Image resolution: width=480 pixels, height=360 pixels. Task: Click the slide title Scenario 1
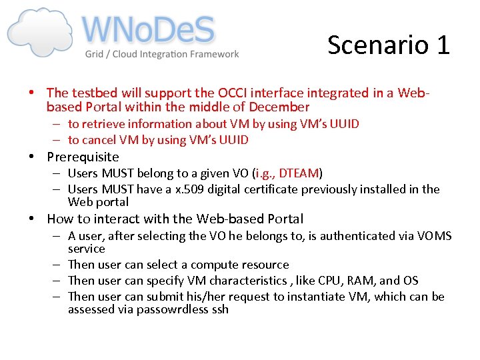(389, 45)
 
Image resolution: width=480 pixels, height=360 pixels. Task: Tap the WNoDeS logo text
(148, 31)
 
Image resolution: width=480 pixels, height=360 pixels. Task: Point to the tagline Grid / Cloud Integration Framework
(161, 54)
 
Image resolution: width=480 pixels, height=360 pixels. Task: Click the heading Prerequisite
(83, 157)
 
